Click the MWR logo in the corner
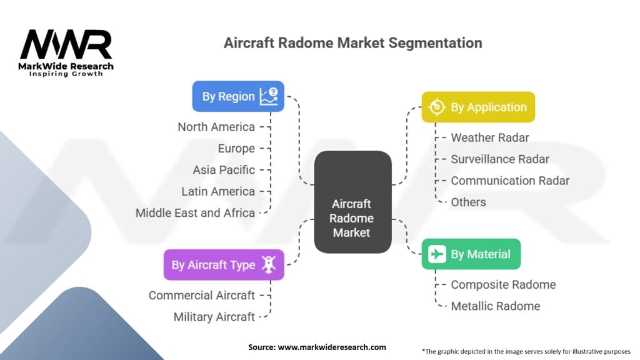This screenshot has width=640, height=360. pyautogui.click(x=66, y=52)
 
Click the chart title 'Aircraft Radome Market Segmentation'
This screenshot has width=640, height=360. pyautogui.click(x=352, y=43)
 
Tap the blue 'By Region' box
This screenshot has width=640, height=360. pyautogui.click(x=238, y=96)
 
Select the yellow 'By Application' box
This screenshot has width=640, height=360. pyautogui.click(x=478, y=107)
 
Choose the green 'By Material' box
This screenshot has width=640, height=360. pyautogui.click(x=471, y=254)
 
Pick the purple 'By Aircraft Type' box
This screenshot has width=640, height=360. pyautogui.click(x=224, y=264)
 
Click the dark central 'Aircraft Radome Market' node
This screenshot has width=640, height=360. pyautogui.click(x=352, y=202)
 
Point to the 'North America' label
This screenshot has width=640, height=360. pyautogui.click(x=216, y=127)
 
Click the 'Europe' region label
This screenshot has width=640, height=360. pyautogui.click(x=236, y=149)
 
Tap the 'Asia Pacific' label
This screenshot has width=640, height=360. pyautogui.click(x=224, y=170)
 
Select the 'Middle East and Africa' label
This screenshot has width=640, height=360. pyautogui.click(x=195, y=212)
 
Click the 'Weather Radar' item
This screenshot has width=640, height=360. pyautogui.click(x=490, y=137)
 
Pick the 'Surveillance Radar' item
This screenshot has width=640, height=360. pyautogui.click(x=499, y=159)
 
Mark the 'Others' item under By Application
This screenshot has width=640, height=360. pyautogui.click(x=468, y=202)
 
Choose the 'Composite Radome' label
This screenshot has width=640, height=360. pyautogui.click(x=503, y=284)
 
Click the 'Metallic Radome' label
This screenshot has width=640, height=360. pyautogui.click(x=495, y=306)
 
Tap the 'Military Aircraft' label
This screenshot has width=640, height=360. pyautogui.click(x=214, y=317)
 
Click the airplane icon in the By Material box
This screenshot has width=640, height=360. pyautogui.click(x=437, y=254)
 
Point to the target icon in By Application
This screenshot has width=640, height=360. pyautogui.click(x=437, y=107)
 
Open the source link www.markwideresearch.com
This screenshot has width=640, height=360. pyautogui.click(x=332, y=347)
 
